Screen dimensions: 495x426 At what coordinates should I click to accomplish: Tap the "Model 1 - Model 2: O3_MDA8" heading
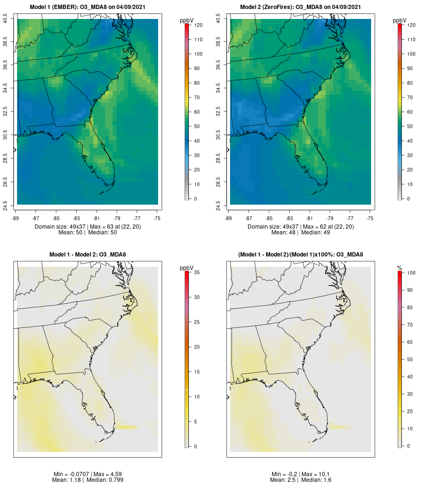pyautogui.click(x=88, y=255)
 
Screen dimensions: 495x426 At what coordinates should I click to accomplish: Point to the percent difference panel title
pyautogui.click(x=301, y=255)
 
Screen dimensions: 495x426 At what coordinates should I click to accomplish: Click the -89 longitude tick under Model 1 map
pyautogui.click(x=16, y=218)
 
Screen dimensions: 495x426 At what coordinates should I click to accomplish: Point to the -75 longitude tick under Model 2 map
pyautogui.click(x=370, y=218)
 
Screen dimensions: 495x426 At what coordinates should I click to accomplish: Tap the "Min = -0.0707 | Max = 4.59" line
pyautogui.click(x=88, y=474)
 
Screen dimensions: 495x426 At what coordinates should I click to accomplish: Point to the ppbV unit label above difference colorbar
pyautogui.click(x=187, y=268)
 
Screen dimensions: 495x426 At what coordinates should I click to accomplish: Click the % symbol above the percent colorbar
pyautogui.click(x=399, y=268)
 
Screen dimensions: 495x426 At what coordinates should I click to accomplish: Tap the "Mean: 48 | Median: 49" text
pyautogui.click(x=301, y=233)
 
